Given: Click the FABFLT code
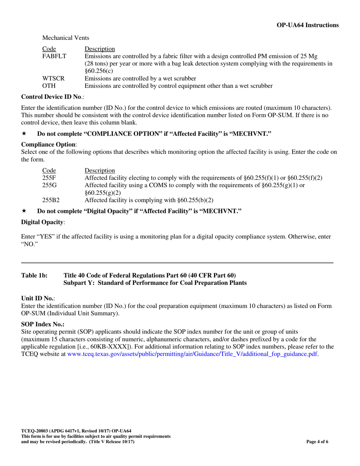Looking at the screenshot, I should (x=54, y=56).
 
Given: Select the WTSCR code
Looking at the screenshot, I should (x=53, y=78).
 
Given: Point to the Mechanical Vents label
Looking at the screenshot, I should (x=66, y=38).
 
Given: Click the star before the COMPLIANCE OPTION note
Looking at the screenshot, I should (x=24, y=134).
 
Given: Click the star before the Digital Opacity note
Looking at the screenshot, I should (x=24, y=211).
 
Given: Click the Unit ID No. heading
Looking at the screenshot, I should (x=38, y=299).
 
